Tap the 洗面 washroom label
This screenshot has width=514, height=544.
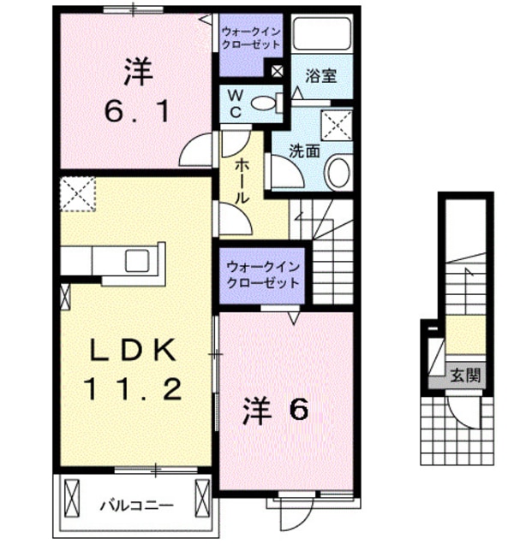[303, 151]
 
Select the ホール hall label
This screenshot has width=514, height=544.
[241, 179]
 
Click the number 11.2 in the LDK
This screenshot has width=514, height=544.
[133, 391]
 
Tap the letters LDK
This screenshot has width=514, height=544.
[133, 350]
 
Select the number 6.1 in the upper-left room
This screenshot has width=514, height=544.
[134, 111]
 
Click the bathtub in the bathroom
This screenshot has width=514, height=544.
[322, 35]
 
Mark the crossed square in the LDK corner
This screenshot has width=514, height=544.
[79, 192]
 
